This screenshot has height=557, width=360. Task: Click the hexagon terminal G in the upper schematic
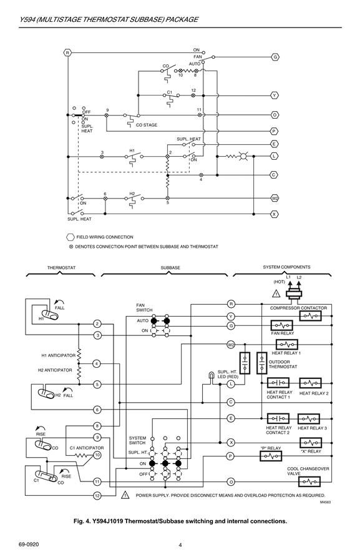point(275,57)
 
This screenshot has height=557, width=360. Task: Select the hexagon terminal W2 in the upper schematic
point(275,198)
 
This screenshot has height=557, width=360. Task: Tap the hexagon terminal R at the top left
point(67,53)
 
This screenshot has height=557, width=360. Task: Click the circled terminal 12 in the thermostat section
point(97,496)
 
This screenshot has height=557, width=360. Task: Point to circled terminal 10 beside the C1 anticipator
point(97,455)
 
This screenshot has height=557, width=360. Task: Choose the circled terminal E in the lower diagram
point(231,418)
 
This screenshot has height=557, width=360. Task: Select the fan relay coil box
point(282,325)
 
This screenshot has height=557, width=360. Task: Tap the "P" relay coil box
point(271,456)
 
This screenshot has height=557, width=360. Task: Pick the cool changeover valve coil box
point(309,481)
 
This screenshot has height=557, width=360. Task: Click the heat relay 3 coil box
point(309,419)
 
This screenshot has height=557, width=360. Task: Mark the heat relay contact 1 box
point(278,383)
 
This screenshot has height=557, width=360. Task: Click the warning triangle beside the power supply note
point(125,495)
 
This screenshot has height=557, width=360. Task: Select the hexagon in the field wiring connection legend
point(71,237)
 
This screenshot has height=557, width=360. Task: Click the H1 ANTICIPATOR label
point(59,355)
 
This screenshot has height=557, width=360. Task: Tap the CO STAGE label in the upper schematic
point(147,125)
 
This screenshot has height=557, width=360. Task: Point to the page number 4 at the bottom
point(180,545)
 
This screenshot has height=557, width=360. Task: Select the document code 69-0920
point(29,545)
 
